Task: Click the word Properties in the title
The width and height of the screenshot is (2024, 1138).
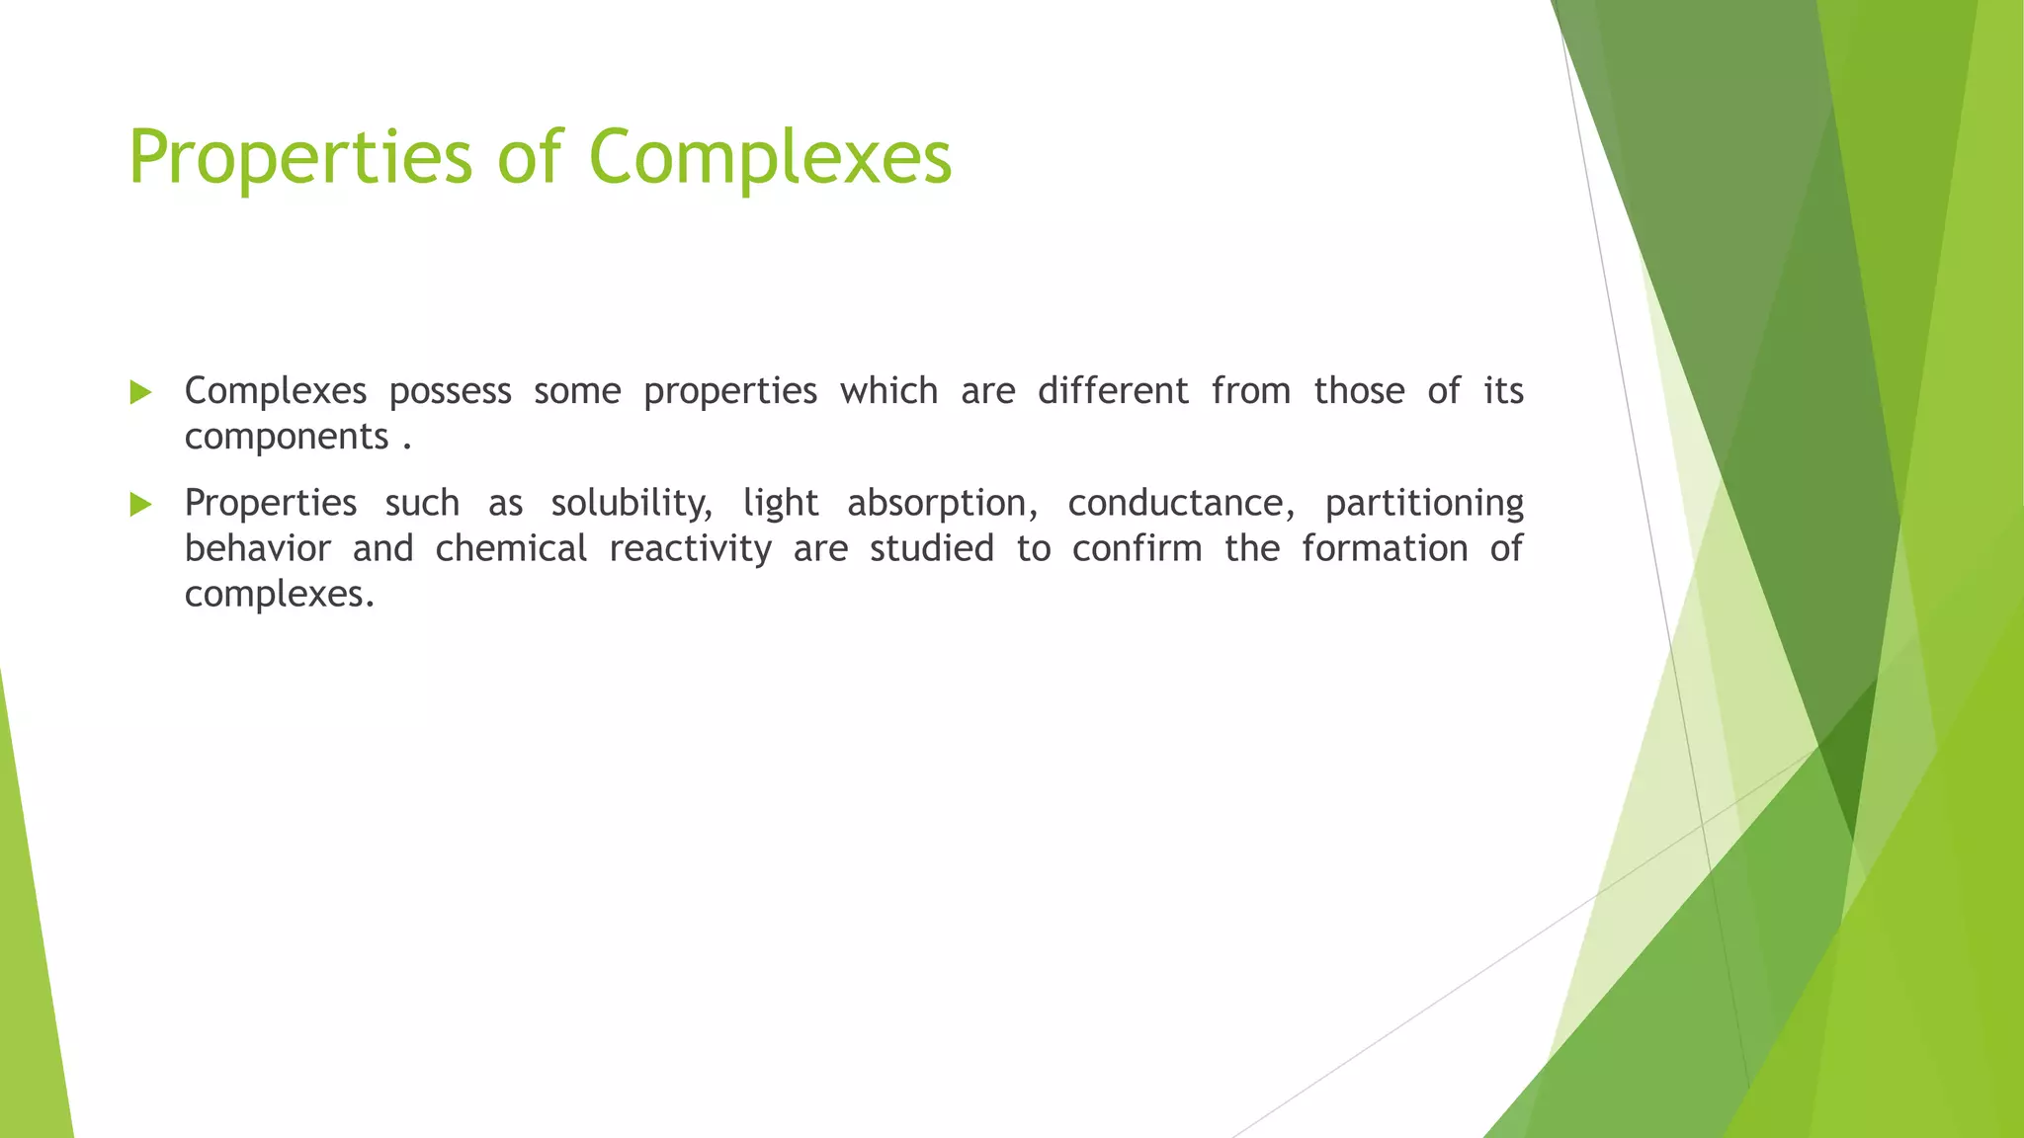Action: click(300, 158)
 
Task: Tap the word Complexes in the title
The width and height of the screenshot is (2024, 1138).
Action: click(770, 158)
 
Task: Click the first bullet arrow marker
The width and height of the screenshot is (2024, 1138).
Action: click(140, 393)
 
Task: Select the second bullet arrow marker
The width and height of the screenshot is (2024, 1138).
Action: click(140, 505)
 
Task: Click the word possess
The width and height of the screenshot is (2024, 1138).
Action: click(450, 392)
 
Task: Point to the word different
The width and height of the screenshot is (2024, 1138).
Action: click(1112, 391)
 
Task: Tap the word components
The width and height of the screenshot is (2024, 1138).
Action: click(287, 437)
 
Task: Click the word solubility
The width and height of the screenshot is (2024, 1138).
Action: click(631, 504)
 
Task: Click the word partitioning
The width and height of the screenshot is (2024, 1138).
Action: click(1423, 504)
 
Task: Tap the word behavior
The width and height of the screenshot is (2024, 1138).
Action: click(258, 548)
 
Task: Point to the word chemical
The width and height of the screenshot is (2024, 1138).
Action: click(511, 548)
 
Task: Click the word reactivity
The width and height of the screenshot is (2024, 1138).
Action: click(690, 549)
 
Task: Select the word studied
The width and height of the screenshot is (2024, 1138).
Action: click(931, 548)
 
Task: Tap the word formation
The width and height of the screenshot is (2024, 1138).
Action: click(1384, 548)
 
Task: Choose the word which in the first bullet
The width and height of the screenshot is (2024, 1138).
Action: click(888, 391)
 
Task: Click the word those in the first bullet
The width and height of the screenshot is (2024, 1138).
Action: click(1359, 391)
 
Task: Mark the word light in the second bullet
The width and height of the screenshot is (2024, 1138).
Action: click(781, 504)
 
